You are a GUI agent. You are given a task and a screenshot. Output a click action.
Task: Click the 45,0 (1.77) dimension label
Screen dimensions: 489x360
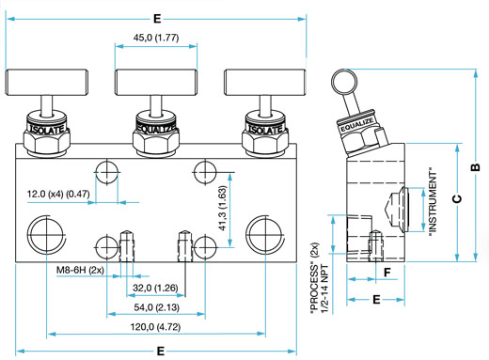pos(156,38)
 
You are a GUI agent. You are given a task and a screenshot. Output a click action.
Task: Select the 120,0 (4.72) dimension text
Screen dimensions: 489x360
pos(155,327)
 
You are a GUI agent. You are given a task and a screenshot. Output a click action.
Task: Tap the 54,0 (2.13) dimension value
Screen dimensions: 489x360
pos(157,307)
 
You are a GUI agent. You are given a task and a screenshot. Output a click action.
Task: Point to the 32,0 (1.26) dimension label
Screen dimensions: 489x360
pos(155,288)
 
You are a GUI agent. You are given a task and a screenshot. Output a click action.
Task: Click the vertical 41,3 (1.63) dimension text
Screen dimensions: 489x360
pos(222,209)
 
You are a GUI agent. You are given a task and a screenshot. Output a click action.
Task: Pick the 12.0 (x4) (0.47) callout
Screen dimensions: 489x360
pos(58,194)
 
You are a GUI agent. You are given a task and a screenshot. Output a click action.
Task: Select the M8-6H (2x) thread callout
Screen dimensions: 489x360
pos(80,270)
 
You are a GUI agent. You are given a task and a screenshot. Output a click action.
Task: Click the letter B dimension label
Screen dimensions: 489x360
pos(475,167)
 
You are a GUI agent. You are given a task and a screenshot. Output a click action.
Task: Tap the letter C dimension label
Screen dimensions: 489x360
pos(457,199)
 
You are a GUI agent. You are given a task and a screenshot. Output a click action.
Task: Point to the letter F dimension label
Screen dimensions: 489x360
pos(387,273)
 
